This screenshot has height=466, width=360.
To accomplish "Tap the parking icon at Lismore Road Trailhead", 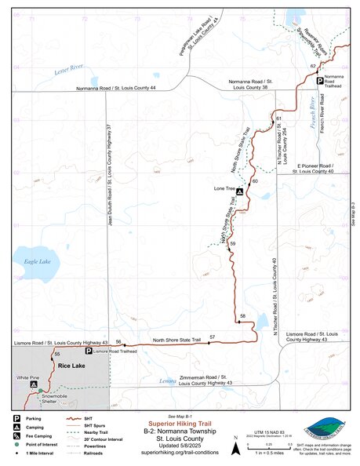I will click(88, 352).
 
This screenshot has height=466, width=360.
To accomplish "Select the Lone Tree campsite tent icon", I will click(240, 191).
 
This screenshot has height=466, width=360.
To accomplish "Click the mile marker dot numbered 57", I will click(209, 343).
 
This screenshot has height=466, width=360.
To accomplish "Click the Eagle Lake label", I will click(35, 260).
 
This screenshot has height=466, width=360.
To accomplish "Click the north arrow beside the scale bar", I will click(236, 448).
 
